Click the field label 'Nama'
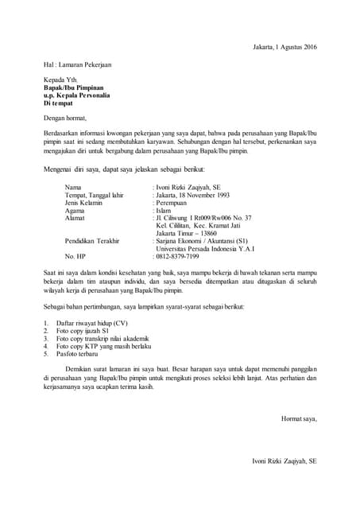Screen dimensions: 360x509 click(73, 187)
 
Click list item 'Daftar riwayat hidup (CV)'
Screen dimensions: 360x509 click(91, 324)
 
